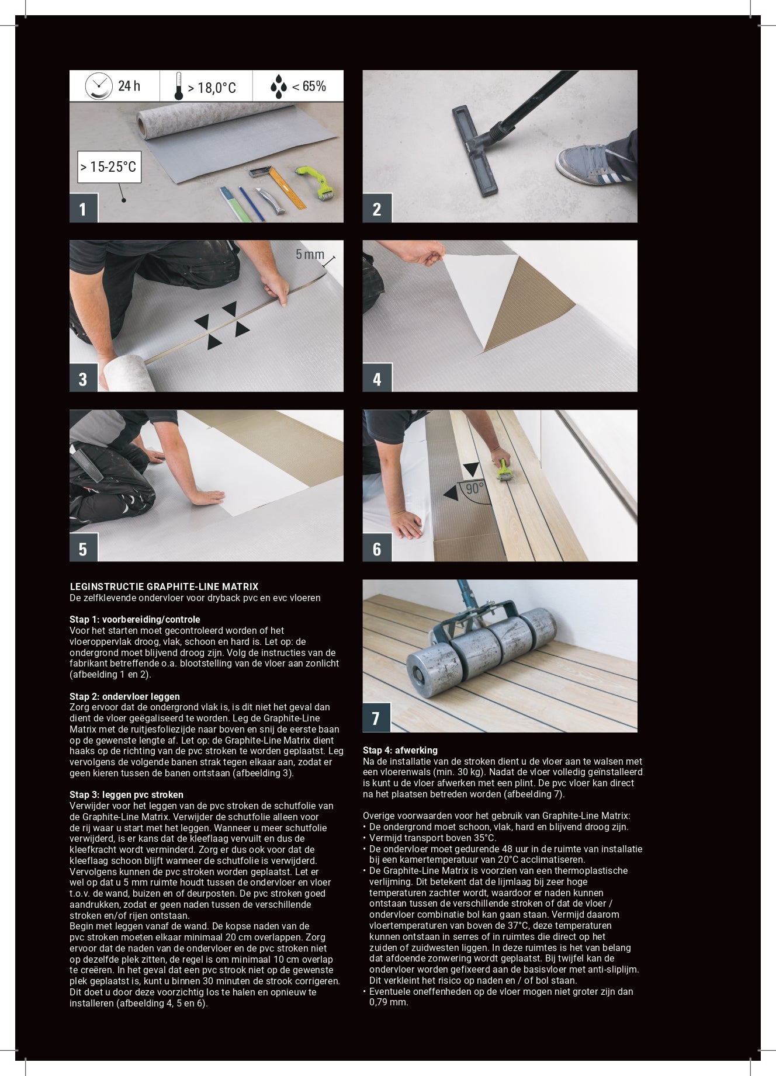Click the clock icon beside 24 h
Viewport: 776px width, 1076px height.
(99, 86)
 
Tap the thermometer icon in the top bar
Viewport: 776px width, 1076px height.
(179, 86)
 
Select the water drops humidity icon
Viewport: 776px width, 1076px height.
(279, 86)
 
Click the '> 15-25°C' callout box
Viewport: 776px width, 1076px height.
(109, 166)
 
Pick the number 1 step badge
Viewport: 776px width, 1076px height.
(83, 209)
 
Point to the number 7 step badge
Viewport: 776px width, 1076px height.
(376, 718)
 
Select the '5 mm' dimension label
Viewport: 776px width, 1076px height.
(310, 254)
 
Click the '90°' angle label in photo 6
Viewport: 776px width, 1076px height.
(474, 488)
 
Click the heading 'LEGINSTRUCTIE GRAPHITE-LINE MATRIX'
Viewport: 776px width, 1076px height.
(164, 586)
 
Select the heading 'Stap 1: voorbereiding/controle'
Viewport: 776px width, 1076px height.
(135, 619)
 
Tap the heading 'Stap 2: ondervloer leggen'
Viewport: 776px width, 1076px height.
(124, 696)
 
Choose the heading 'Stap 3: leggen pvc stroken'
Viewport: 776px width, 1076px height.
(126, 794)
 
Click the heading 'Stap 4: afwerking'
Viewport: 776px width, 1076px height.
(400, 750)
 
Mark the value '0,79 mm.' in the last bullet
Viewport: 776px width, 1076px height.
(389, 1002)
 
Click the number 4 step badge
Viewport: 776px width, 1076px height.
(377, 378)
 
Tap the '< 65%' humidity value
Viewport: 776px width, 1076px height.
(309, 86)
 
